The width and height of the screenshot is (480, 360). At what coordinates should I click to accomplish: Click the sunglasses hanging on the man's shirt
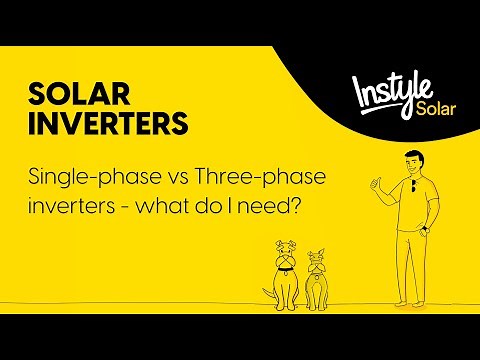pos(412,188)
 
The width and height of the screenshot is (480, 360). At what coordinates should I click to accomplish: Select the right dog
pos(316,272)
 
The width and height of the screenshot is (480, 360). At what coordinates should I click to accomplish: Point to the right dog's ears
pos(316,252)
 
